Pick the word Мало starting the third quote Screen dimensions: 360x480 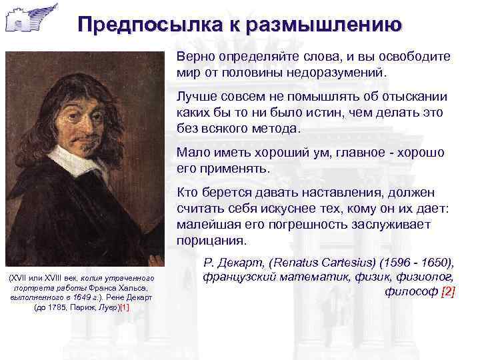tap(192, 153)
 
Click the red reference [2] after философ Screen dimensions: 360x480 tap(448, 291)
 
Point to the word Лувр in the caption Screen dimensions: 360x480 tap(105, 307)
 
